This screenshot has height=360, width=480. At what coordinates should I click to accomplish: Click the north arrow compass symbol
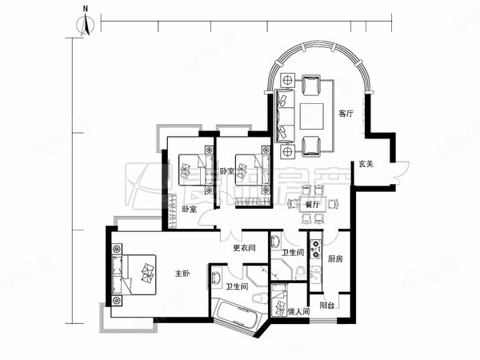pos(85,25)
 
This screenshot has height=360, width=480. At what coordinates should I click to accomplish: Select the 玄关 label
pos(366,163)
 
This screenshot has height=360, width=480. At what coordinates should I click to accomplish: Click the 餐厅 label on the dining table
pos(312,204)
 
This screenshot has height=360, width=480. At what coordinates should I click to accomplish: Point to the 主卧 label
pos(182,274)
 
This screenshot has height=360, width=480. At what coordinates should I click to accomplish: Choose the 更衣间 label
pos(243,247)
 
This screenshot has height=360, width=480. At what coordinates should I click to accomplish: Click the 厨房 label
pos(335,258)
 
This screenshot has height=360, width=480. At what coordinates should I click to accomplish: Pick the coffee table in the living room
pos(311,113)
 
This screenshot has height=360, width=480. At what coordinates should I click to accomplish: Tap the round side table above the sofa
pos(286,79)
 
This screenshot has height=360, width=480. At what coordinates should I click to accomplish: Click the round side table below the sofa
pos(286,150)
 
